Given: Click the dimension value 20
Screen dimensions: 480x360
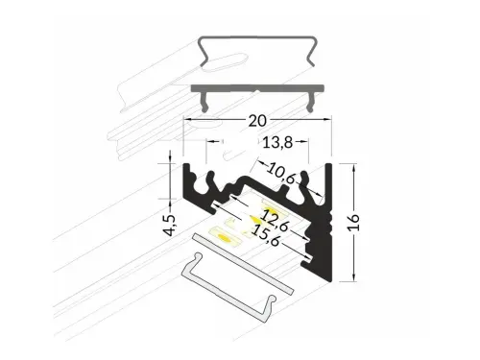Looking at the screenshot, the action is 257,121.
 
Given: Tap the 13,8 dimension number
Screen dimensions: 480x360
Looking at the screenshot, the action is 277,142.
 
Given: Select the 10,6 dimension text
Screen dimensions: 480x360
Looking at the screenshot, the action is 280,173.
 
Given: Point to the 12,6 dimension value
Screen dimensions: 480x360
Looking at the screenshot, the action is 275,220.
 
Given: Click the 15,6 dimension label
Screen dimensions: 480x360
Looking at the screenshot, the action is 266,235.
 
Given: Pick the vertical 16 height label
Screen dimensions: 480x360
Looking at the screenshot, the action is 353,222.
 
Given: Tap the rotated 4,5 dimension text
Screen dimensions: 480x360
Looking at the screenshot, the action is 171,226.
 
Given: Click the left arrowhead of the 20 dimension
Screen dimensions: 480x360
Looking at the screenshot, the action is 187,120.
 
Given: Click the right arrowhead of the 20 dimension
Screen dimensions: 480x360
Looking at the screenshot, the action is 327,120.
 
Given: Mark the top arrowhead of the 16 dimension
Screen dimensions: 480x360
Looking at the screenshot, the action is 353,167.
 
